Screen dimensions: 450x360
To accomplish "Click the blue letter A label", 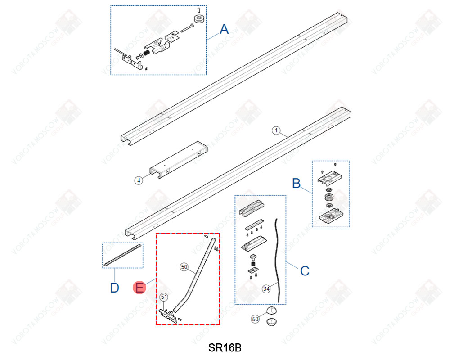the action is click(x=224, y=29).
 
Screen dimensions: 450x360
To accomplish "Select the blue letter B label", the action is click(x=296, y=183).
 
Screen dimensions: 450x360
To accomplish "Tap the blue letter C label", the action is click(x=305, y=271).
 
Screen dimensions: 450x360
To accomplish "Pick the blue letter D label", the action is click(x=114, y=288).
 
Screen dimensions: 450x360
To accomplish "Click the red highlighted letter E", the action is click(x=139, y=288).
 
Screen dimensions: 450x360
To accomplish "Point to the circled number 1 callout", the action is click(x=276, y=130).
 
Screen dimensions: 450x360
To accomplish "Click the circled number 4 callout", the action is click(x=139, y=180).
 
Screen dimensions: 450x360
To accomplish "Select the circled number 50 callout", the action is click(x=184, y=267).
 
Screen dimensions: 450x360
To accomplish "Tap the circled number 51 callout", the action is click(x=164, y=297).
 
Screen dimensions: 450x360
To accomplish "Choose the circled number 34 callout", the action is click(x=266, y=288).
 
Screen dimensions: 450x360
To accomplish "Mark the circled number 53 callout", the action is click(x=256, y=319).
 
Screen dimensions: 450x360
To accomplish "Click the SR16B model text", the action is click(x=225, y=348).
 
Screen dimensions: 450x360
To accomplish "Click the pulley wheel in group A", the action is click(x=199, y=19).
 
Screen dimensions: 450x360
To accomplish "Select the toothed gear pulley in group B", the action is click(x=329, y=197).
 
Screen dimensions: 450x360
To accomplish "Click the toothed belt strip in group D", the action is click(x=123, y=255).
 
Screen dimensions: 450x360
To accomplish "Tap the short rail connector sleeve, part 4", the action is click(x=179, y=160).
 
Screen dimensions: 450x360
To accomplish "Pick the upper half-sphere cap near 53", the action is click(x=271, y=310).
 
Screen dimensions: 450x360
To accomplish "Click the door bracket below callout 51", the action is click(x=168, y=316).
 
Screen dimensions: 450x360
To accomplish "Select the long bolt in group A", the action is click(x=187, y=28).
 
